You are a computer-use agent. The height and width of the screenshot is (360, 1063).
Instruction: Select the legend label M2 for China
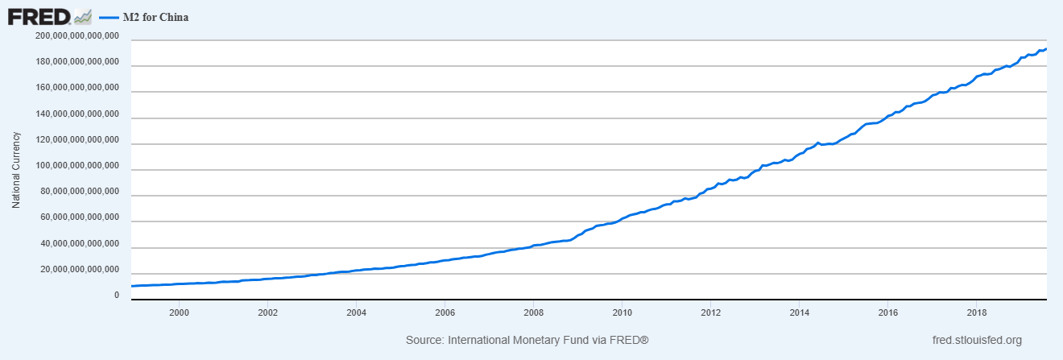coord(156,16)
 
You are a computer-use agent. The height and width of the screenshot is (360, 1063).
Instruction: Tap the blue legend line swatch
coord(108,16)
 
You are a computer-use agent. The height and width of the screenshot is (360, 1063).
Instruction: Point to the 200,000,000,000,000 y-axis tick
coord(78,36)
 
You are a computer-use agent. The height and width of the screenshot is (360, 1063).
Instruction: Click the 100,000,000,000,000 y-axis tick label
coord(78,166)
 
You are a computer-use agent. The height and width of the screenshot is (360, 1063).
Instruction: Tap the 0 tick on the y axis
coord(116,296)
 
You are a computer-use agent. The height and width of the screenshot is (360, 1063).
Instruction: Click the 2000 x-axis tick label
coord(179,312)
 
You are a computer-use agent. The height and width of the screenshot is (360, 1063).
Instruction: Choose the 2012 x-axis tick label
coord(710,312)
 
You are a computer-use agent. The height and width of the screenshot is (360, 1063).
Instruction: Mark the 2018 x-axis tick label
coord(976,312)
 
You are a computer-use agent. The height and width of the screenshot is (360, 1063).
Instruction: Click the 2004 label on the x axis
coord(356,312)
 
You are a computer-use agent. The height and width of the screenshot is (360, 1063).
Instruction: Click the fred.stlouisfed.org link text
coord(975,341)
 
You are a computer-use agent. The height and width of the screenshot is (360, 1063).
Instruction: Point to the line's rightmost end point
coord(1045,49)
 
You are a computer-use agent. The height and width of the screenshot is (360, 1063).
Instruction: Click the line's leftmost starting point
coord(131,286)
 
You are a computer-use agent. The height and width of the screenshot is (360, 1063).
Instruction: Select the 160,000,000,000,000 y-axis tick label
coord(78,88)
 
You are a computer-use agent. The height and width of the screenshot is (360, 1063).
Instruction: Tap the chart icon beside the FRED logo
coord(83,16)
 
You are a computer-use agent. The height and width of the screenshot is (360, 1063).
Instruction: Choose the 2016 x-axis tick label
coord(887,312)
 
